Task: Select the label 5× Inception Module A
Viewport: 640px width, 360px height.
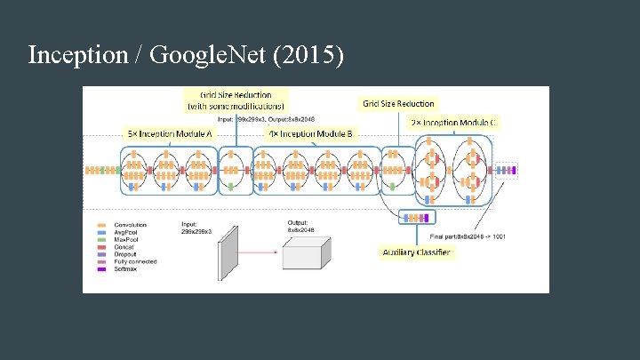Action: [171, 133]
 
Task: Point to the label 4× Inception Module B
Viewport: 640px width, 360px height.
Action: [311, 133]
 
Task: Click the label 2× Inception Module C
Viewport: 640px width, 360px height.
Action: [454, 122]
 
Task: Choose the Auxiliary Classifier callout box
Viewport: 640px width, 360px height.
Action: [416, 252]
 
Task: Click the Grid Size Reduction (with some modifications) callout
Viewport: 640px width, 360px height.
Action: [235, 100]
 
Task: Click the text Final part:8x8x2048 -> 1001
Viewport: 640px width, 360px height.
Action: [468, 236]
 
